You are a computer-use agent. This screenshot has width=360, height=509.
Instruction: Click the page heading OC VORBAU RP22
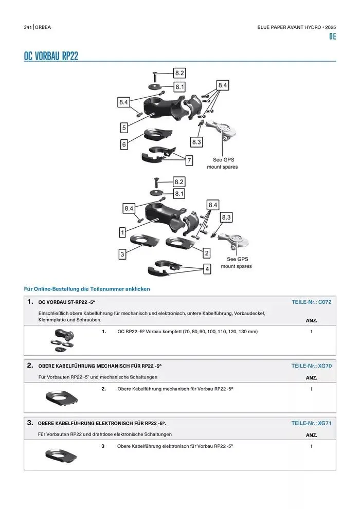[x=51, y=56]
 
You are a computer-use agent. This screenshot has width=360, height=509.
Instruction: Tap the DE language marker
[x=332, y=37]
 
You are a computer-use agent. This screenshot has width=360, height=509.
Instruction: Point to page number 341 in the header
[x=28, y=27]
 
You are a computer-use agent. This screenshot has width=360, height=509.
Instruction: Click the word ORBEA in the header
[x=44, y=27]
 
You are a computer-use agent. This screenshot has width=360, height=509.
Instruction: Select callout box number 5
[x=124, y=127]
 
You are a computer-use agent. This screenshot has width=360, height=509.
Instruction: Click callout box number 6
[x=124, y=144]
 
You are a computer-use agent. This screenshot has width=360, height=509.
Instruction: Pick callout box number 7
[x=189, y=160]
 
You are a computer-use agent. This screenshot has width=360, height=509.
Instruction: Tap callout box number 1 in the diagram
[x=122, y=232]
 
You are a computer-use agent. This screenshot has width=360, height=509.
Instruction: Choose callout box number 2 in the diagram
[x=207, y=253]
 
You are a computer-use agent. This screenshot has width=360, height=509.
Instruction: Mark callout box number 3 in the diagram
[x=122, y=254]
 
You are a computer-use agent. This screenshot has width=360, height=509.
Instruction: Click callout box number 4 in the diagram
[x=207, y=269]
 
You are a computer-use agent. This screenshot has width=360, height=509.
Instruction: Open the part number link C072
[x=325, y=302]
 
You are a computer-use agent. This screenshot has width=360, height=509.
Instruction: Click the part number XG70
[x=325, y=366]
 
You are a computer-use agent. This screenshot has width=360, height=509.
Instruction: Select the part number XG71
[x=325, y=423]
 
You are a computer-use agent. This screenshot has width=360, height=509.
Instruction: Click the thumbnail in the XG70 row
[x=61, y=397]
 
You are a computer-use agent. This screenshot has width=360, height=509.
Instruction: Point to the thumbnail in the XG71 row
[x=61, y=455]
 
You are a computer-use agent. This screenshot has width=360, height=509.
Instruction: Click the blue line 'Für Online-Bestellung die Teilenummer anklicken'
[x=87, y=289]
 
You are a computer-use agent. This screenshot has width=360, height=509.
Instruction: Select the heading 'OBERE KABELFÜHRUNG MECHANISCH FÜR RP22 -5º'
[x=100, y=366]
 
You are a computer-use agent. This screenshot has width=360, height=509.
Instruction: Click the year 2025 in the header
[x=330, y=27]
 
